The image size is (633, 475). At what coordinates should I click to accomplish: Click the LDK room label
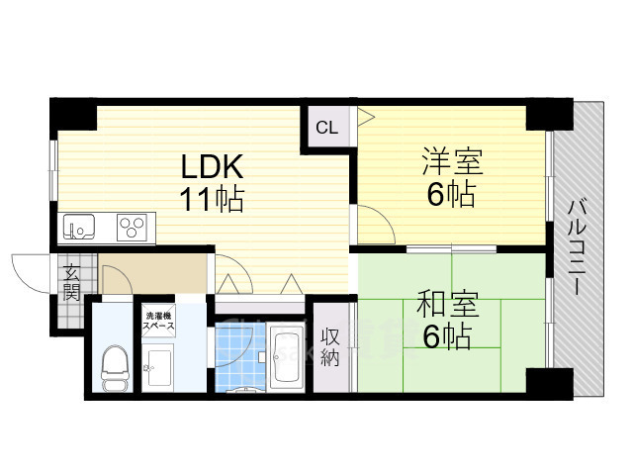(210, 164)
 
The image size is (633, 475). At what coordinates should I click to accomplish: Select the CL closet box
(327, 127)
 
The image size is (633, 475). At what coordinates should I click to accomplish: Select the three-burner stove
(132, 228)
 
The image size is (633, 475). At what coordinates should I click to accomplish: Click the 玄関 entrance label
(71, 281)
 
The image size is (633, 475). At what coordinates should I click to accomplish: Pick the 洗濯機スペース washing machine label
(159, 320)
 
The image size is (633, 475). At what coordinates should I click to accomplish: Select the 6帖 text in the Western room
(451, 194)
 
